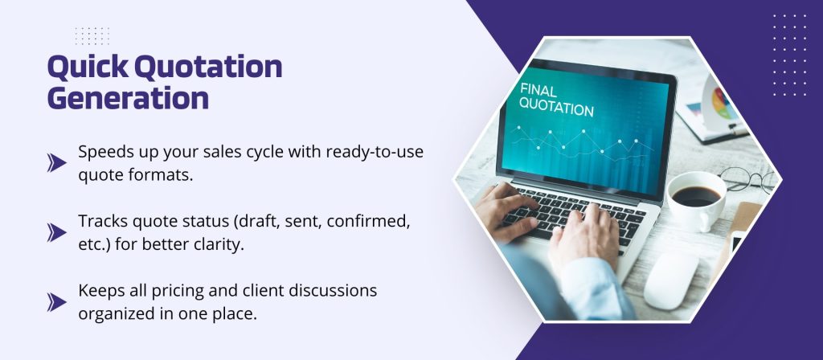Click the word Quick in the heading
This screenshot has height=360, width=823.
(88, 67)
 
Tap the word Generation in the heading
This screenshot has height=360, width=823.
(128, 97)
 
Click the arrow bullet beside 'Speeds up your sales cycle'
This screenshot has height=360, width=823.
(57, 162)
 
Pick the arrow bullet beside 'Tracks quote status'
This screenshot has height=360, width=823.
(57, 232)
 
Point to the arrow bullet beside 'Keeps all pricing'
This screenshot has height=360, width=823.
(57, 302)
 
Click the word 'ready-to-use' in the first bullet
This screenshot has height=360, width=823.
(375, 152)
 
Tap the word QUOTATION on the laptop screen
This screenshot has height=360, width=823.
(556, 107)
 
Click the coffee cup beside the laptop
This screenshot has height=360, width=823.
(697, 199)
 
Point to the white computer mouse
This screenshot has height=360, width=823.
(671, 280)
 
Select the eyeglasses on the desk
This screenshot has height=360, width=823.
(748, 179)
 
